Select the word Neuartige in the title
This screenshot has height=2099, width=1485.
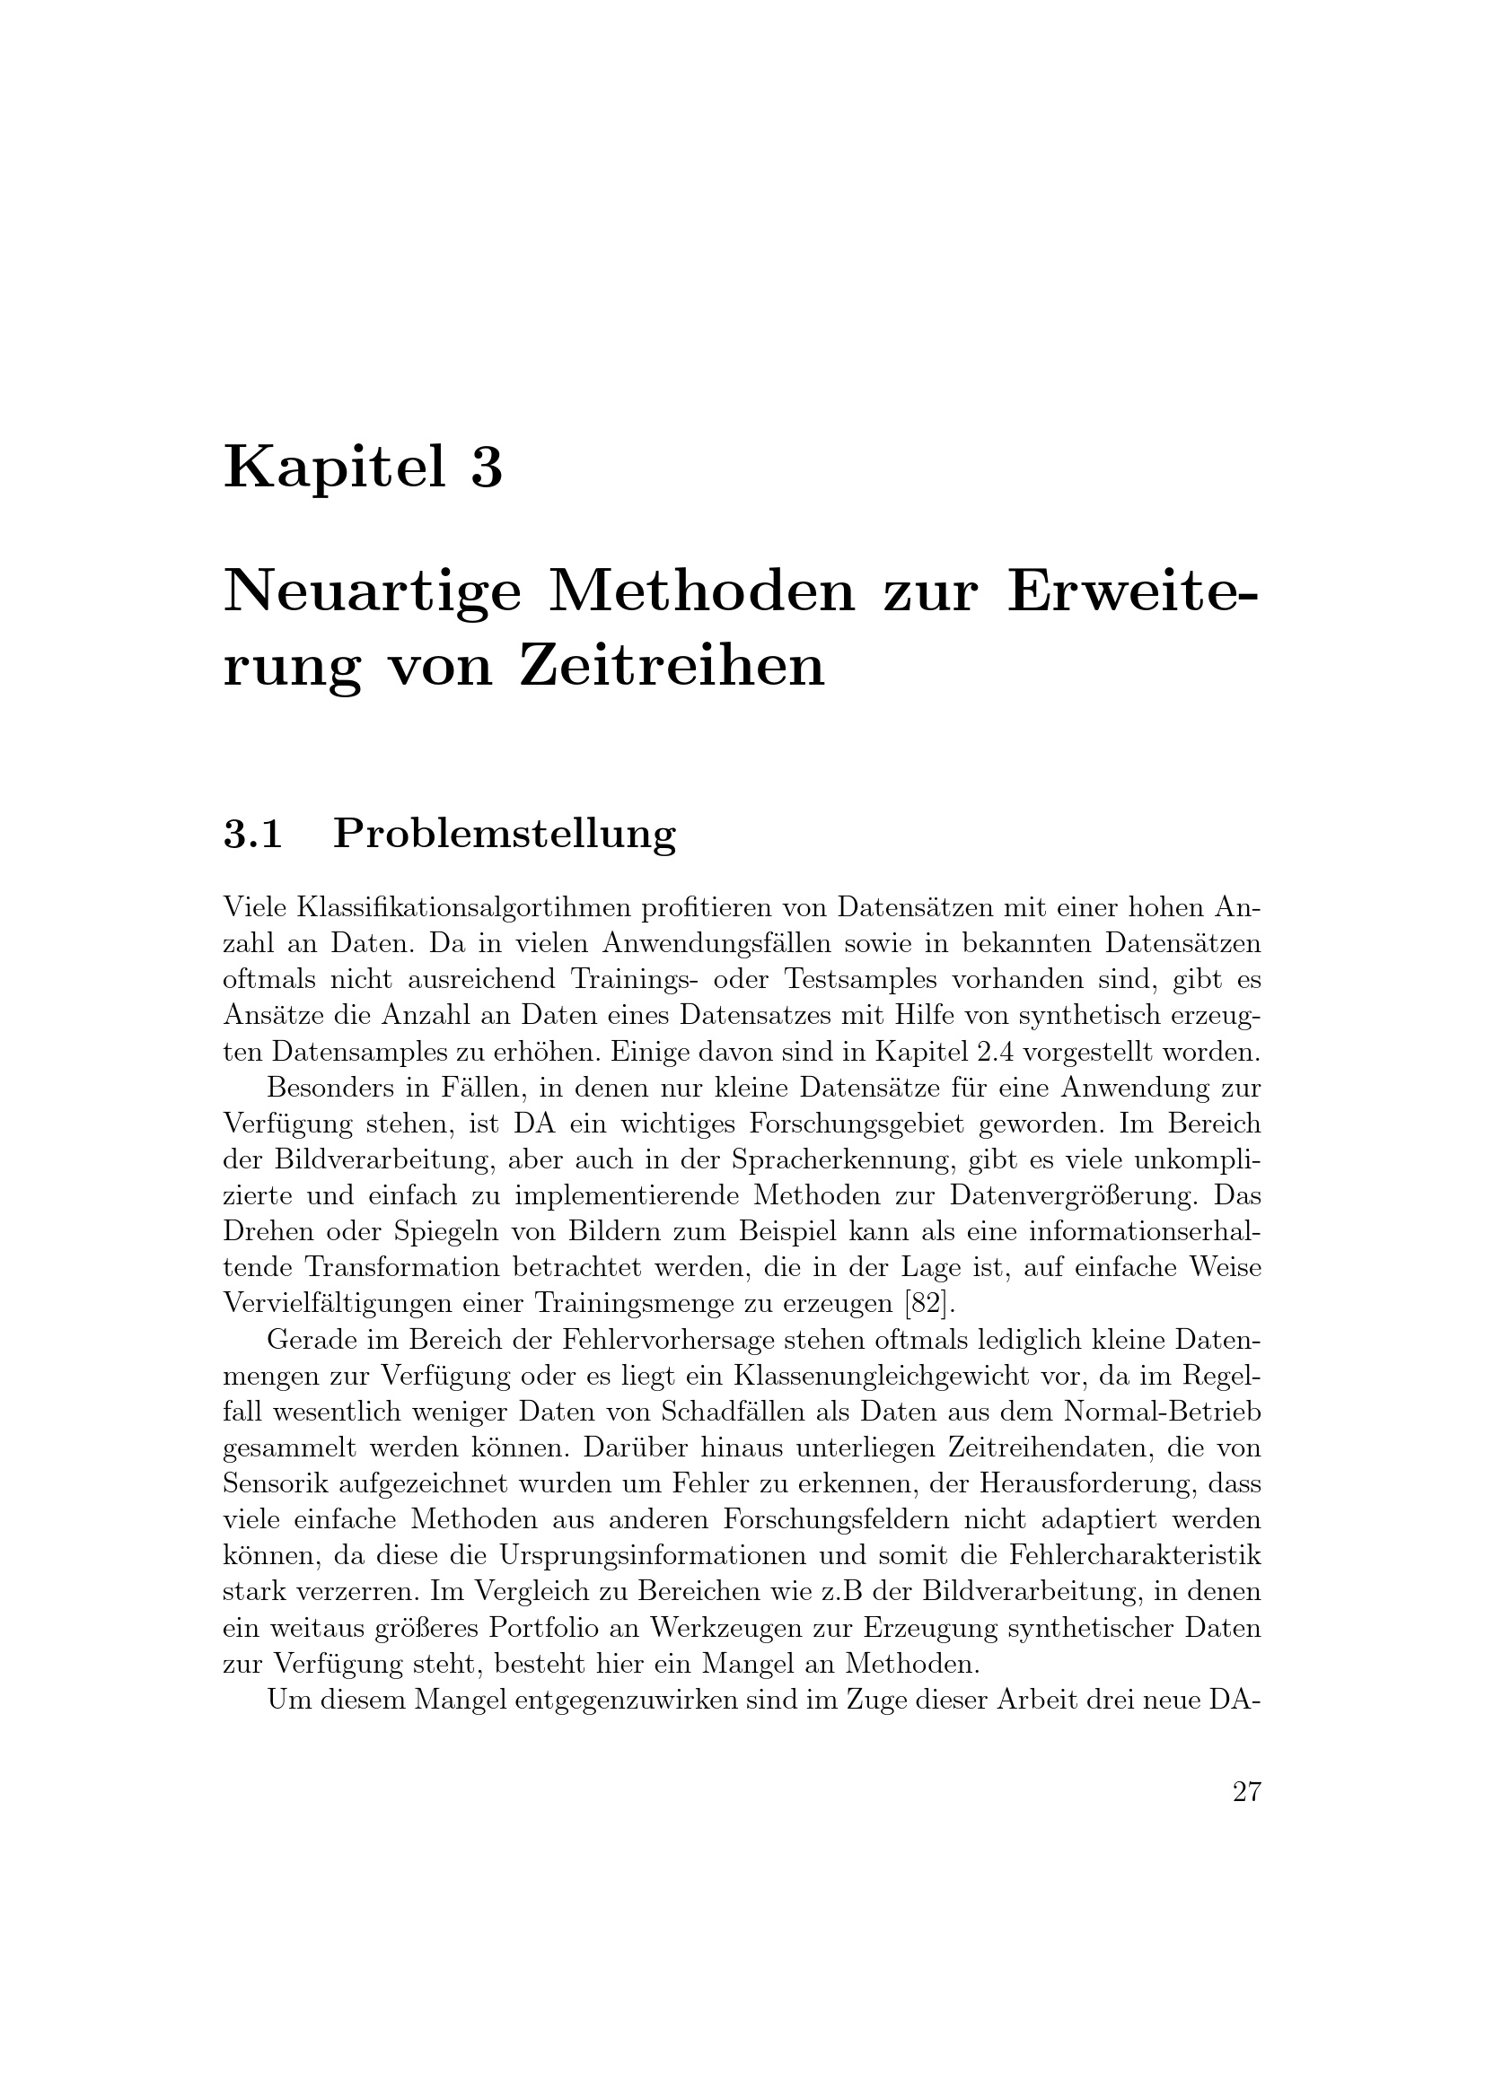373,594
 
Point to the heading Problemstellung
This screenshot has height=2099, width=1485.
504,835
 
